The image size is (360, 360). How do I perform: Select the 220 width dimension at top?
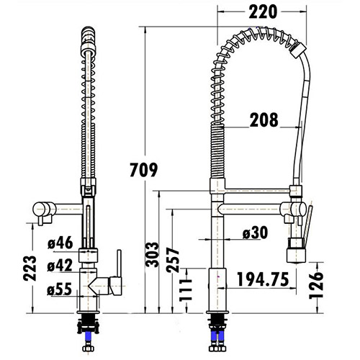coord(261,12)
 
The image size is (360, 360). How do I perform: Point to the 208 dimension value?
coord(264,121)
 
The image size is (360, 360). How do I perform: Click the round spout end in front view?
coord(39,210)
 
